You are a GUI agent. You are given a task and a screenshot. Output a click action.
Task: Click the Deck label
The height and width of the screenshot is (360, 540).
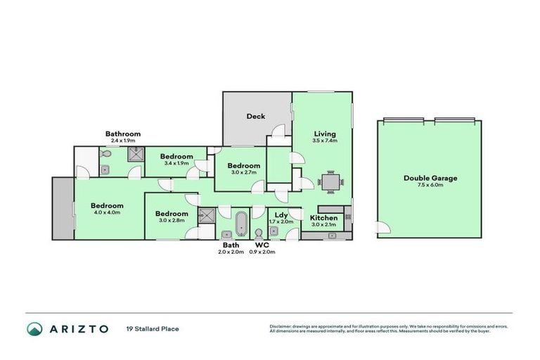click(x=255, y=116)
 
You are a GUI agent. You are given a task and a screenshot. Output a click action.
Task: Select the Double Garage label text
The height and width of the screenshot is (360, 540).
click(x=430, y=178)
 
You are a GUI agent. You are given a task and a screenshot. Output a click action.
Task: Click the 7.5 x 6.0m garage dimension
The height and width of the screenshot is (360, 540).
click(x=430, y=186)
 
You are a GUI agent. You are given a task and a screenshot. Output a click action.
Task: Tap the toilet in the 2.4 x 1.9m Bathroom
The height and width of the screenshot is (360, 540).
click(x=104, y=154)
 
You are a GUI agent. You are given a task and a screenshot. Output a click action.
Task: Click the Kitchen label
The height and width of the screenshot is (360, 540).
click(x=324, y=218)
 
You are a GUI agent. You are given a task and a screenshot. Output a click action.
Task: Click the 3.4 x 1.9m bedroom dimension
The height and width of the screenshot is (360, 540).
click(x=176, y=163)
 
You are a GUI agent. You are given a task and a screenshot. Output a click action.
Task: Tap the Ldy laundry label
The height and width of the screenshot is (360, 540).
click(x=279, y=214)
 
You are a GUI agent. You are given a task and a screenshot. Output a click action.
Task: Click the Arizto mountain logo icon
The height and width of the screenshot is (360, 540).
click(x=35, y=328)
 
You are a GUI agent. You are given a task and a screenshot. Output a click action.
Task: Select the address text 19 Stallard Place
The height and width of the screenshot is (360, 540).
click(x=152, y=328)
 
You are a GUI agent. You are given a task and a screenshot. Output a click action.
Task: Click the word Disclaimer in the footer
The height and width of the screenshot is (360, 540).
click(x=281, y=326)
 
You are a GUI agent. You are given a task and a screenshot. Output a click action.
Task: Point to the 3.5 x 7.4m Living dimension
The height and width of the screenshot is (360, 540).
click(x=325, y=141)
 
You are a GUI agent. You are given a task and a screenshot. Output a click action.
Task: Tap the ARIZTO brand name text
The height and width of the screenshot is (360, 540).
click(x=78, y=328)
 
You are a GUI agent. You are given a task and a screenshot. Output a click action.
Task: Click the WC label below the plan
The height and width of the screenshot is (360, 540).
click(x=262, y=245)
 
